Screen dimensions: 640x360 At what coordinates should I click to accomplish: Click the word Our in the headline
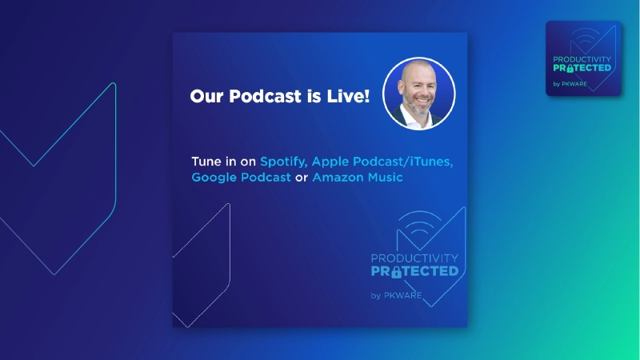(207, 96)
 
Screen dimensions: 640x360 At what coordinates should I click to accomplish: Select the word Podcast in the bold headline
(265, 96)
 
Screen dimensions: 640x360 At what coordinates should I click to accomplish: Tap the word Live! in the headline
(348, 96)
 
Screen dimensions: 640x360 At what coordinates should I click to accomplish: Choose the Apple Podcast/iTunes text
(382, 162)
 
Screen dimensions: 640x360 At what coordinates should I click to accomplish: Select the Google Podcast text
(242, 177)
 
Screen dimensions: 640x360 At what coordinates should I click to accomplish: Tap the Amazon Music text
(358, 177)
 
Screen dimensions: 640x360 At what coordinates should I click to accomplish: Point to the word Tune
(206, 162)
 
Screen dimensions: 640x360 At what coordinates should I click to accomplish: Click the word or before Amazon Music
(302, 178)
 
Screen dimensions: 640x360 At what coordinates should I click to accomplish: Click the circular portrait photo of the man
(418, 94)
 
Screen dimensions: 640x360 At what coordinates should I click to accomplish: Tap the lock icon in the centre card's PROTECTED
(396, 272)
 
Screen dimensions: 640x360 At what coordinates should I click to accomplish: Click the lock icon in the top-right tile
(570, 69)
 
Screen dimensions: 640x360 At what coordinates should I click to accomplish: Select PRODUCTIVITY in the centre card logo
(414, 258)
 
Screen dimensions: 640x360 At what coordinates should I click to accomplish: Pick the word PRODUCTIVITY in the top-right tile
(582, 59)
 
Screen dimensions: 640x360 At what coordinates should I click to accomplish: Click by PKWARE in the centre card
(396, 295)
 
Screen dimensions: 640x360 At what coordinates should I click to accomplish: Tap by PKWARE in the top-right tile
(570, 84)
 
